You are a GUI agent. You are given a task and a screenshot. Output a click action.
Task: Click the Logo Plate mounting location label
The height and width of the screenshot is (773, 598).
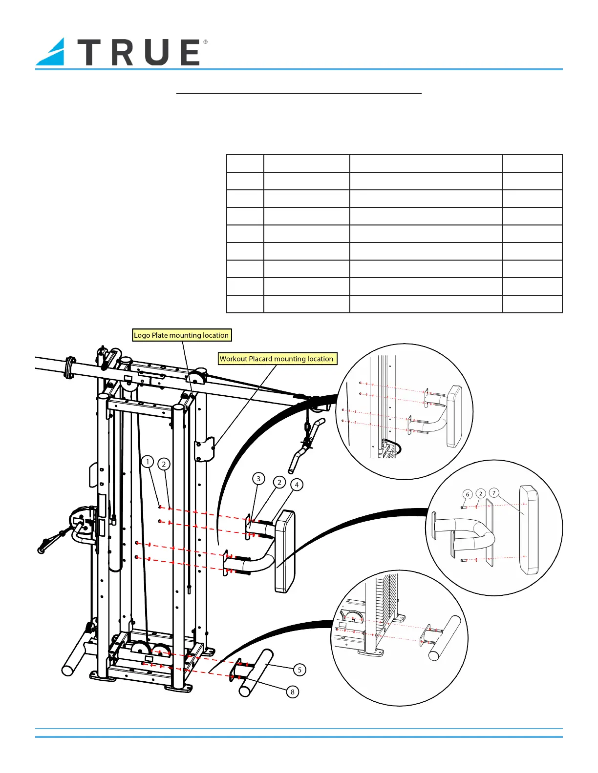pos(181,335)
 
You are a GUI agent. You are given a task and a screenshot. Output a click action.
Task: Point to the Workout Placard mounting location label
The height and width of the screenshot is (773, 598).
pos(277,359)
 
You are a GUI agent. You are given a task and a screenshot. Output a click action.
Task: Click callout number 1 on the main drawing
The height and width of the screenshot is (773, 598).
pos(148,462)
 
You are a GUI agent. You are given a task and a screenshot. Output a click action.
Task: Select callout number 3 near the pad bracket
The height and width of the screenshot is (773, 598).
pos(258,479)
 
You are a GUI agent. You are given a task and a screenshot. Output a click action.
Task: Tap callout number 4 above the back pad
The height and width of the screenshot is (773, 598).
pos(297,485)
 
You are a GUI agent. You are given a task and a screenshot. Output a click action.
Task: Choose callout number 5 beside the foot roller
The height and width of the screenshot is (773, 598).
pos(299,670)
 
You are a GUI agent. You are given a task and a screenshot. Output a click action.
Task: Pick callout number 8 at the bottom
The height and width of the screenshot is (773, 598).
pos(293,692)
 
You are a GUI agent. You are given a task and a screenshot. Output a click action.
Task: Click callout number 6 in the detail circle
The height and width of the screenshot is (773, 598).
pos(467,494)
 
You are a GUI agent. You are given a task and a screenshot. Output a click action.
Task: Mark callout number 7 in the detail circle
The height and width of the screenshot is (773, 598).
pos(494,493)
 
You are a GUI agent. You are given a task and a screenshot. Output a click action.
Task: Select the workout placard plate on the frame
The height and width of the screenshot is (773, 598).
pos(205,449)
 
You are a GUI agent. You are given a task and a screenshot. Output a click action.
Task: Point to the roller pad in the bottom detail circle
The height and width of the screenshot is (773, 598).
pos(445,637)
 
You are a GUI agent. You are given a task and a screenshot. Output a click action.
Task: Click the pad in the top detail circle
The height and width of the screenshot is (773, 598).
pos(454,416)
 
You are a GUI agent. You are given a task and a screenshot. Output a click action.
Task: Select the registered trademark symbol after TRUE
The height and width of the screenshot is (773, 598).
pos(205,42)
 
